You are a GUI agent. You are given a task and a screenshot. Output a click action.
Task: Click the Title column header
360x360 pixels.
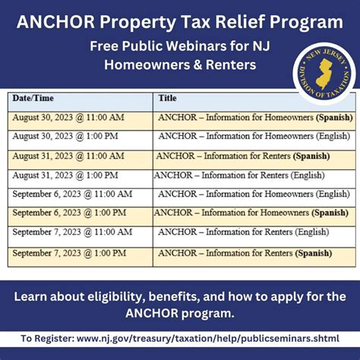(x=167, y=98)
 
